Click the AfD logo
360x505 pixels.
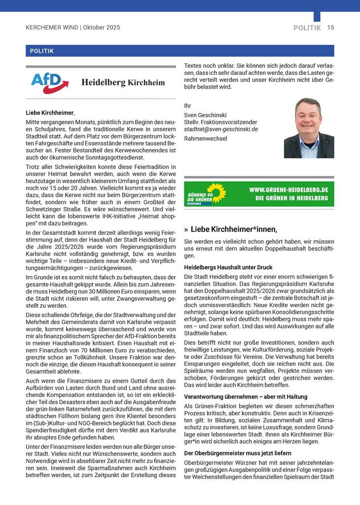(46, 83)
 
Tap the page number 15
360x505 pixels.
(330, 28)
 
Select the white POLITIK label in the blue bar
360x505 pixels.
(42, 51)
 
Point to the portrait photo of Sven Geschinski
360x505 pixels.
(309, 128)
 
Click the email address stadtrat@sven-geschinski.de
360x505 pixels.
(221, 129)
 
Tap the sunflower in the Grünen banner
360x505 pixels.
(215, 193)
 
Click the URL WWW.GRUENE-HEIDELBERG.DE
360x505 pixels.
(288, 189)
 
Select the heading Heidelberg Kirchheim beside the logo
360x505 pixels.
(123, 82)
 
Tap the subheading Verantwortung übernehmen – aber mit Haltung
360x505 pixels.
(246, 397)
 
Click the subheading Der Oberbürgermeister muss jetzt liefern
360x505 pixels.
(237, 453)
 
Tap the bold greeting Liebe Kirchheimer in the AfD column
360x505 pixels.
(49, 113)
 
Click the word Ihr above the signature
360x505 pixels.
(187, 106)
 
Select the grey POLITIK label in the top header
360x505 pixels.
(307, 28)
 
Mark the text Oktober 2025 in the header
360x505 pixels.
(102, 28)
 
